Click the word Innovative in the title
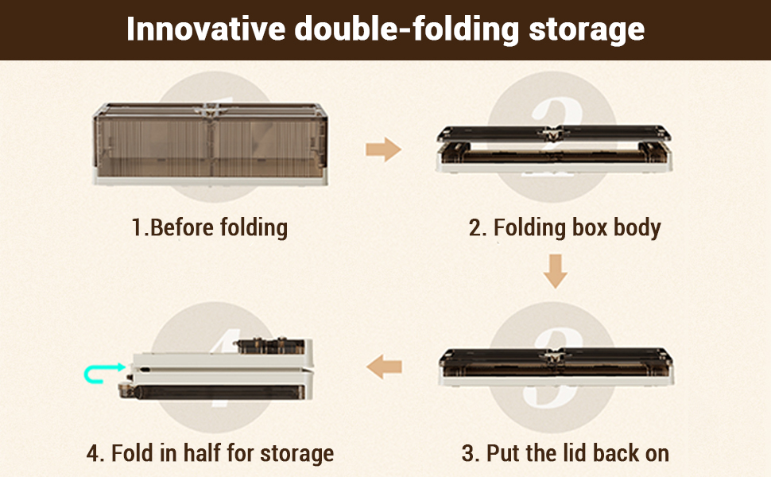point(206,29)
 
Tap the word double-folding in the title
point(407,29)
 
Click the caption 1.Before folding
point(210,227)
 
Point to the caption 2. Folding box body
point(564,228)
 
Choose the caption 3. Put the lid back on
point(565,453)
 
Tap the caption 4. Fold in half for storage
point(210,453)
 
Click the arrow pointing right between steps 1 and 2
point(384,149)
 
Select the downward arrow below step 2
point(556,271)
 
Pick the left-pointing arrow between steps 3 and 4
point(384,366)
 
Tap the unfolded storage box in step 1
point(211,144)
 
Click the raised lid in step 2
point(554,134)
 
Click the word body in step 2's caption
point(637,228)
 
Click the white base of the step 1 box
point(211,180)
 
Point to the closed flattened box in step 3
point(556,366)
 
